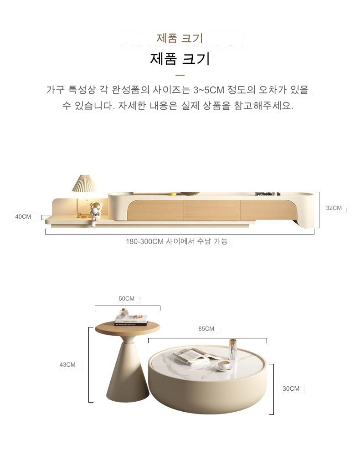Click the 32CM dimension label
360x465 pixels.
tap(334, 208)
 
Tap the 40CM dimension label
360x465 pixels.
tap(23, 216)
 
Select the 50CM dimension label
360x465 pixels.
tap(126, 299)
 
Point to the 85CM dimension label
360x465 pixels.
tap(206, 328)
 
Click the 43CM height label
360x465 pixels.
tap(67, 364)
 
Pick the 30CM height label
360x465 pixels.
tap(291, 388)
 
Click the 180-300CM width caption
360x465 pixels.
tap(177, 241)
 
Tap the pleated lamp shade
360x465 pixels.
tap(84, 183)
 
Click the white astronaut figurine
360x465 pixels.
tap(95, 214)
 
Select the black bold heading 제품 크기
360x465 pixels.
tap(180, 58)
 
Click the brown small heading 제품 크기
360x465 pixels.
tap(180, 38)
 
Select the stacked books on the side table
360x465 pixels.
tap(131, 320)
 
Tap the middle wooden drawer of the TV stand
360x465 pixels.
tap(212, 210)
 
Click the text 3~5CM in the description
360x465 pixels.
tap(209, 90)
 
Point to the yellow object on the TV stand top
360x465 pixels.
tap(173, 194)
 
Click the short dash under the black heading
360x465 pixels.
tap(180, 75)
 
